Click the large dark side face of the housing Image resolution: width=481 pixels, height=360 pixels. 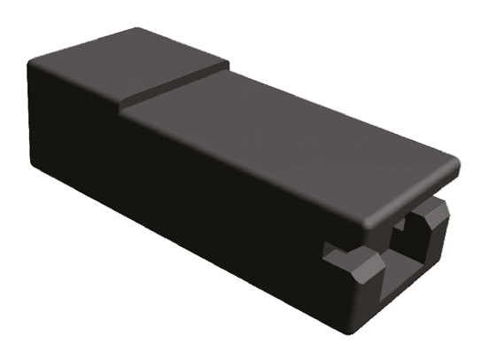pos(177,204)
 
